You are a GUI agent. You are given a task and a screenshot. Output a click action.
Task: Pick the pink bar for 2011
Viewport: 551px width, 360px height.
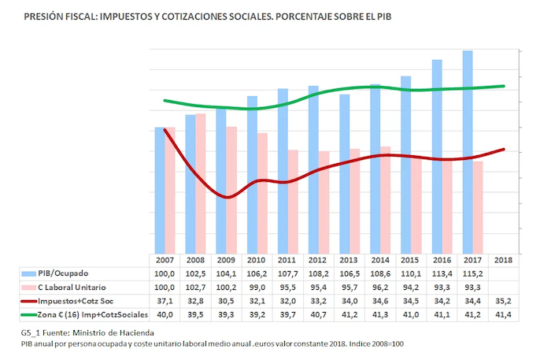click(293, 201)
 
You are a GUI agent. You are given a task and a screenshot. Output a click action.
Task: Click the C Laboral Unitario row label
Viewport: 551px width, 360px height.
click(75, 287)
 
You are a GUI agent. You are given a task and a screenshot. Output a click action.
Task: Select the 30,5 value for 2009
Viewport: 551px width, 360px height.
click(225, 301)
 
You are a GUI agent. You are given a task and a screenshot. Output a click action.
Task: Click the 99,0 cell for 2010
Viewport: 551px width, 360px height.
click(256, 287)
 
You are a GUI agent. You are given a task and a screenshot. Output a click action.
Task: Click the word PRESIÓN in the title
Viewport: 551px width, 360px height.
click(46, 15)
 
